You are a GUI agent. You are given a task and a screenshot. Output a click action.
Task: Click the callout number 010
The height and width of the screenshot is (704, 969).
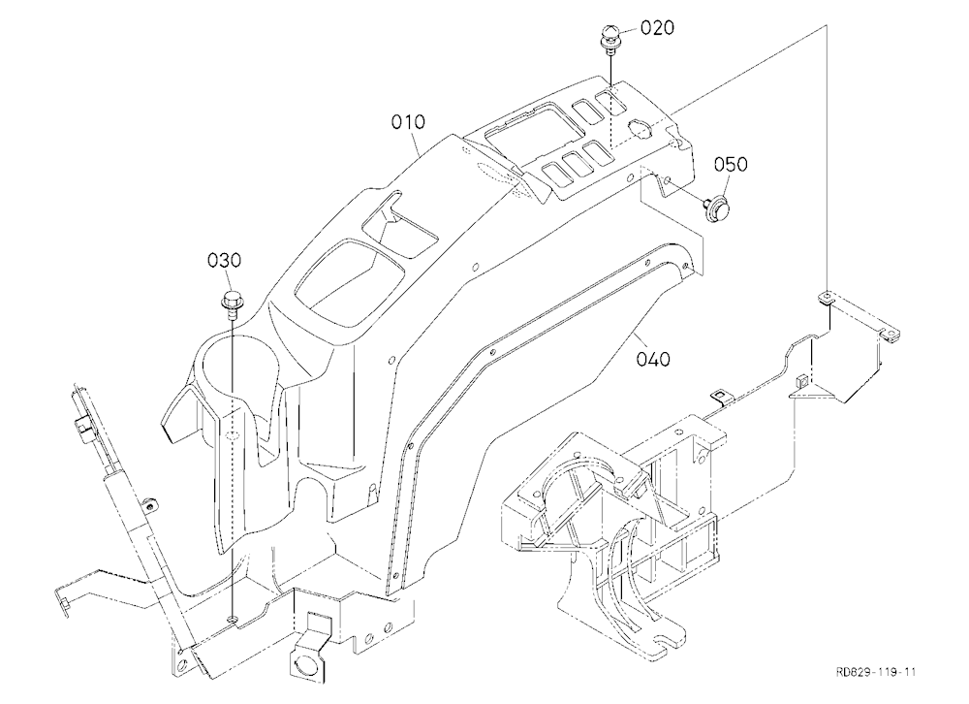(x=409, y=122)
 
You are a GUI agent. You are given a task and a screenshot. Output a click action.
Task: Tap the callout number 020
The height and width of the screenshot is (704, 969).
(x=657, y=28)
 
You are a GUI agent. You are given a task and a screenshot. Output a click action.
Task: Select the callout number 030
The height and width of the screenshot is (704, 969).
(x=225, y=261)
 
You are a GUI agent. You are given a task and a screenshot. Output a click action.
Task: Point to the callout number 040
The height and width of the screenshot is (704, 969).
(x=653, y=359)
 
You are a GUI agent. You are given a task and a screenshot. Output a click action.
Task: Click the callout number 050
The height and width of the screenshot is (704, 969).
(x=731, y=165)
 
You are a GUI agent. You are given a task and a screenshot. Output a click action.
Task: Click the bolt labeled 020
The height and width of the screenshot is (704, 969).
(x=610, y=39)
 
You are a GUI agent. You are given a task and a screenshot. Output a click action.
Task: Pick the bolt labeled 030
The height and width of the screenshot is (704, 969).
(x=233, y=303)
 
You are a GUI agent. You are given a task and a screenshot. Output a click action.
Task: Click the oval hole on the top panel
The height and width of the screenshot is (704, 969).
(x=640, y=129)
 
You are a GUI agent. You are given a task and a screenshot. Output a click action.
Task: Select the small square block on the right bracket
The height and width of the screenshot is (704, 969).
(x=799, y=380)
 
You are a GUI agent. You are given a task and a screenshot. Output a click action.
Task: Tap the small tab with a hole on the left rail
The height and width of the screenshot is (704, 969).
(x=148, y=504)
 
